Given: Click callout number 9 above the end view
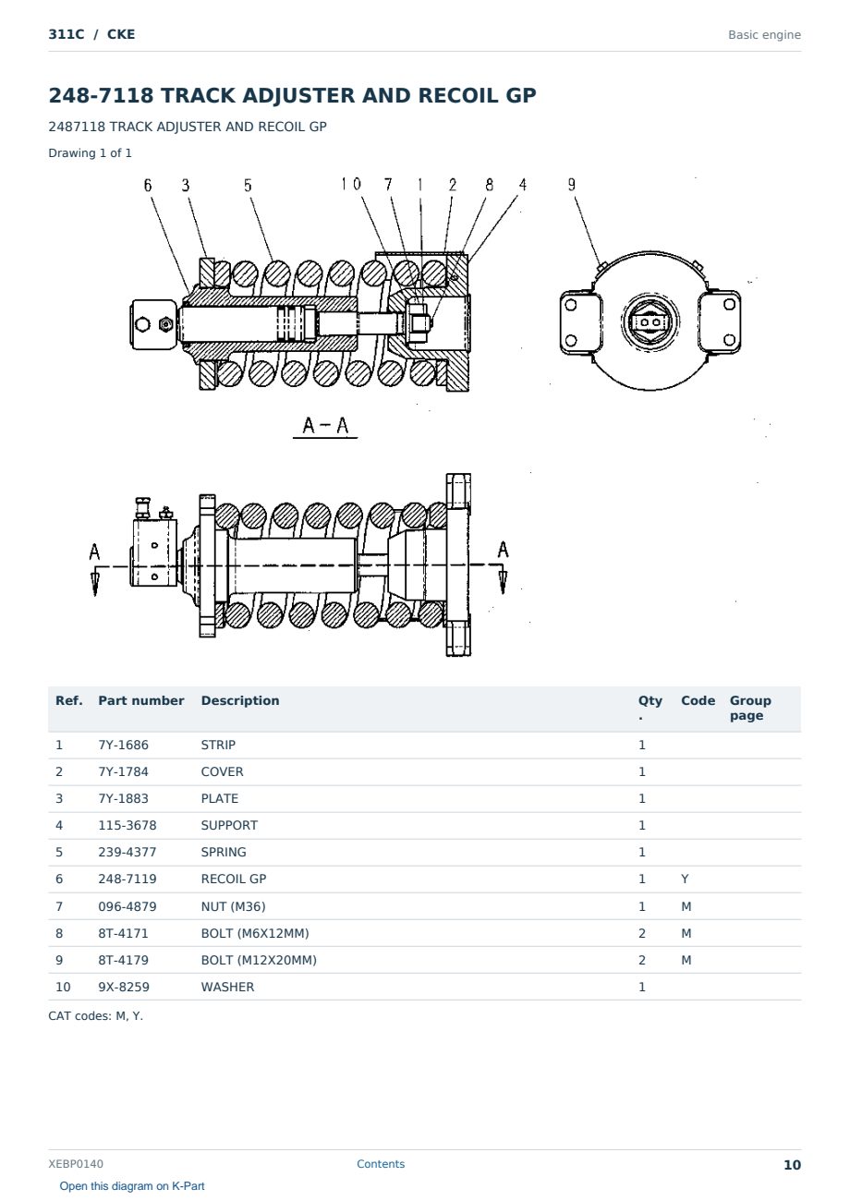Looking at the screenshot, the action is (x=572, y=185).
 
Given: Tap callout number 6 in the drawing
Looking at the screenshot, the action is (x=148, y=186).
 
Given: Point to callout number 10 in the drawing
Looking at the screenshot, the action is (x=351, y=184).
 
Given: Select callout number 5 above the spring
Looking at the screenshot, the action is (x=248, y=186).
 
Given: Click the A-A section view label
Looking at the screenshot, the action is (x=325, y=425).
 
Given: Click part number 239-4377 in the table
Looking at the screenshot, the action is (x=127, y=852).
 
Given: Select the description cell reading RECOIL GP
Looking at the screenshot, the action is (x=233, y=879).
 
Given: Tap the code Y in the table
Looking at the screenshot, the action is (x=685, y=879).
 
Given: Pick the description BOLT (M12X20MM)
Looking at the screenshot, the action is (x=259, y=960).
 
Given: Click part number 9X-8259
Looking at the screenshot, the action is (x=124, y=987).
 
